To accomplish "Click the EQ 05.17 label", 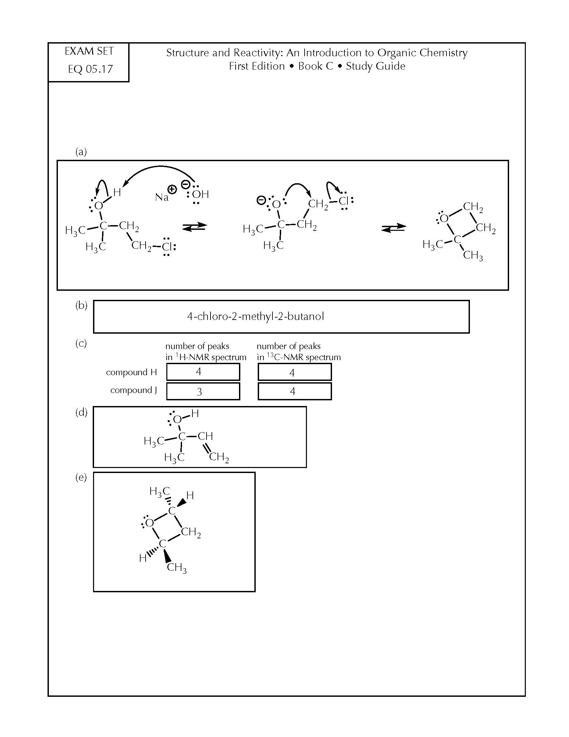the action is coord(90,69).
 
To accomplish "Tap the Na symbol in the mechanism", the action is coord(161,197).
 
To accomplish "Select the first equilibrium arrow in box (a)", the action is coord(194,227).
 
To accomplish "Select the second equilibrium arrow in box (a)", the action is coord(394,228).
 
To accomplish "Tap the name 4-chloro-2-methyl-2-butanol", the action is coord(255,317).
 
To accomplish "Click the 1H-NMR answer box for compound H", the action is coord(203,372).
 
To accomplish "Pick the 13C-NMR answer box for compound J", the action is coord(295,391).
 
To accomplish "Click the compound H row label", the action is coord(132,372).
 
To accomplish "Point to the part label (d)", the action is coord(81,412).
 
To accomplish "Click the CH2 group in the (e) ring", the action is coord(191,533).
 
